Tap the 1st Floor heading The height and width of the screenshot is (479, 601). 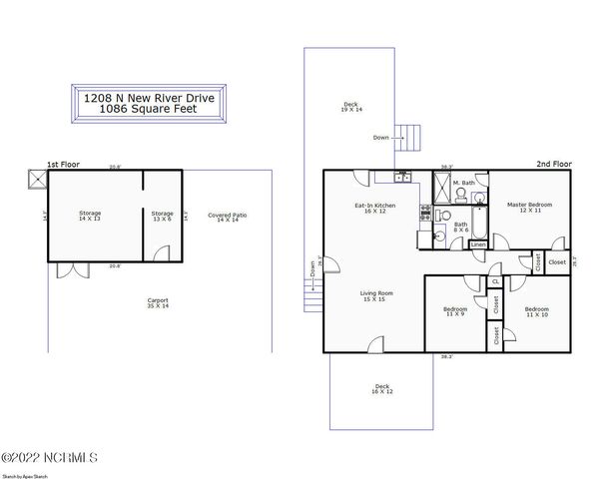pos(63,164)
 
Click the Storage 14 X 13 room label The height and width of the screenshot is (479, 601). pos(90,216)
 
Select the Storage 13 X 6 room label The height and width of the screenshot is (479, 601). pos(162,216)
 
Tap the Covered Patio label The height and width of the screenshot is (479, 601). pos(228,218)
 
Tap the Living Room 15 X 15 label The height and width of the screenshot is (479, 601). pos(376,296)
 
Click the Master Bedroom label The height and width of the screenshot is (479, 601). pos(529,208)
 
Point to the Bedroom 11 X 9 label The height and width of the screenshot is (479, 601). pos(455,311)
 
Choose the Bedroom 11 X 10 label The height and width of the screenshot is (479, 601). pos(537,311)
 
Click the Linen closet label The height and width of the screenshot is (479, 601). pos(478,244)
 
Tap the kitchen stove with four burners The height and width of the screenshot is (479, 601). pos(425,212)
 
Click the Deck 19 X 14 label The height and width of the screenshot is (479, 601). pos(350,106)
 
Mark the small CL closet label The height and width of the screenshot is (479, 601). pos(495,282)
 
